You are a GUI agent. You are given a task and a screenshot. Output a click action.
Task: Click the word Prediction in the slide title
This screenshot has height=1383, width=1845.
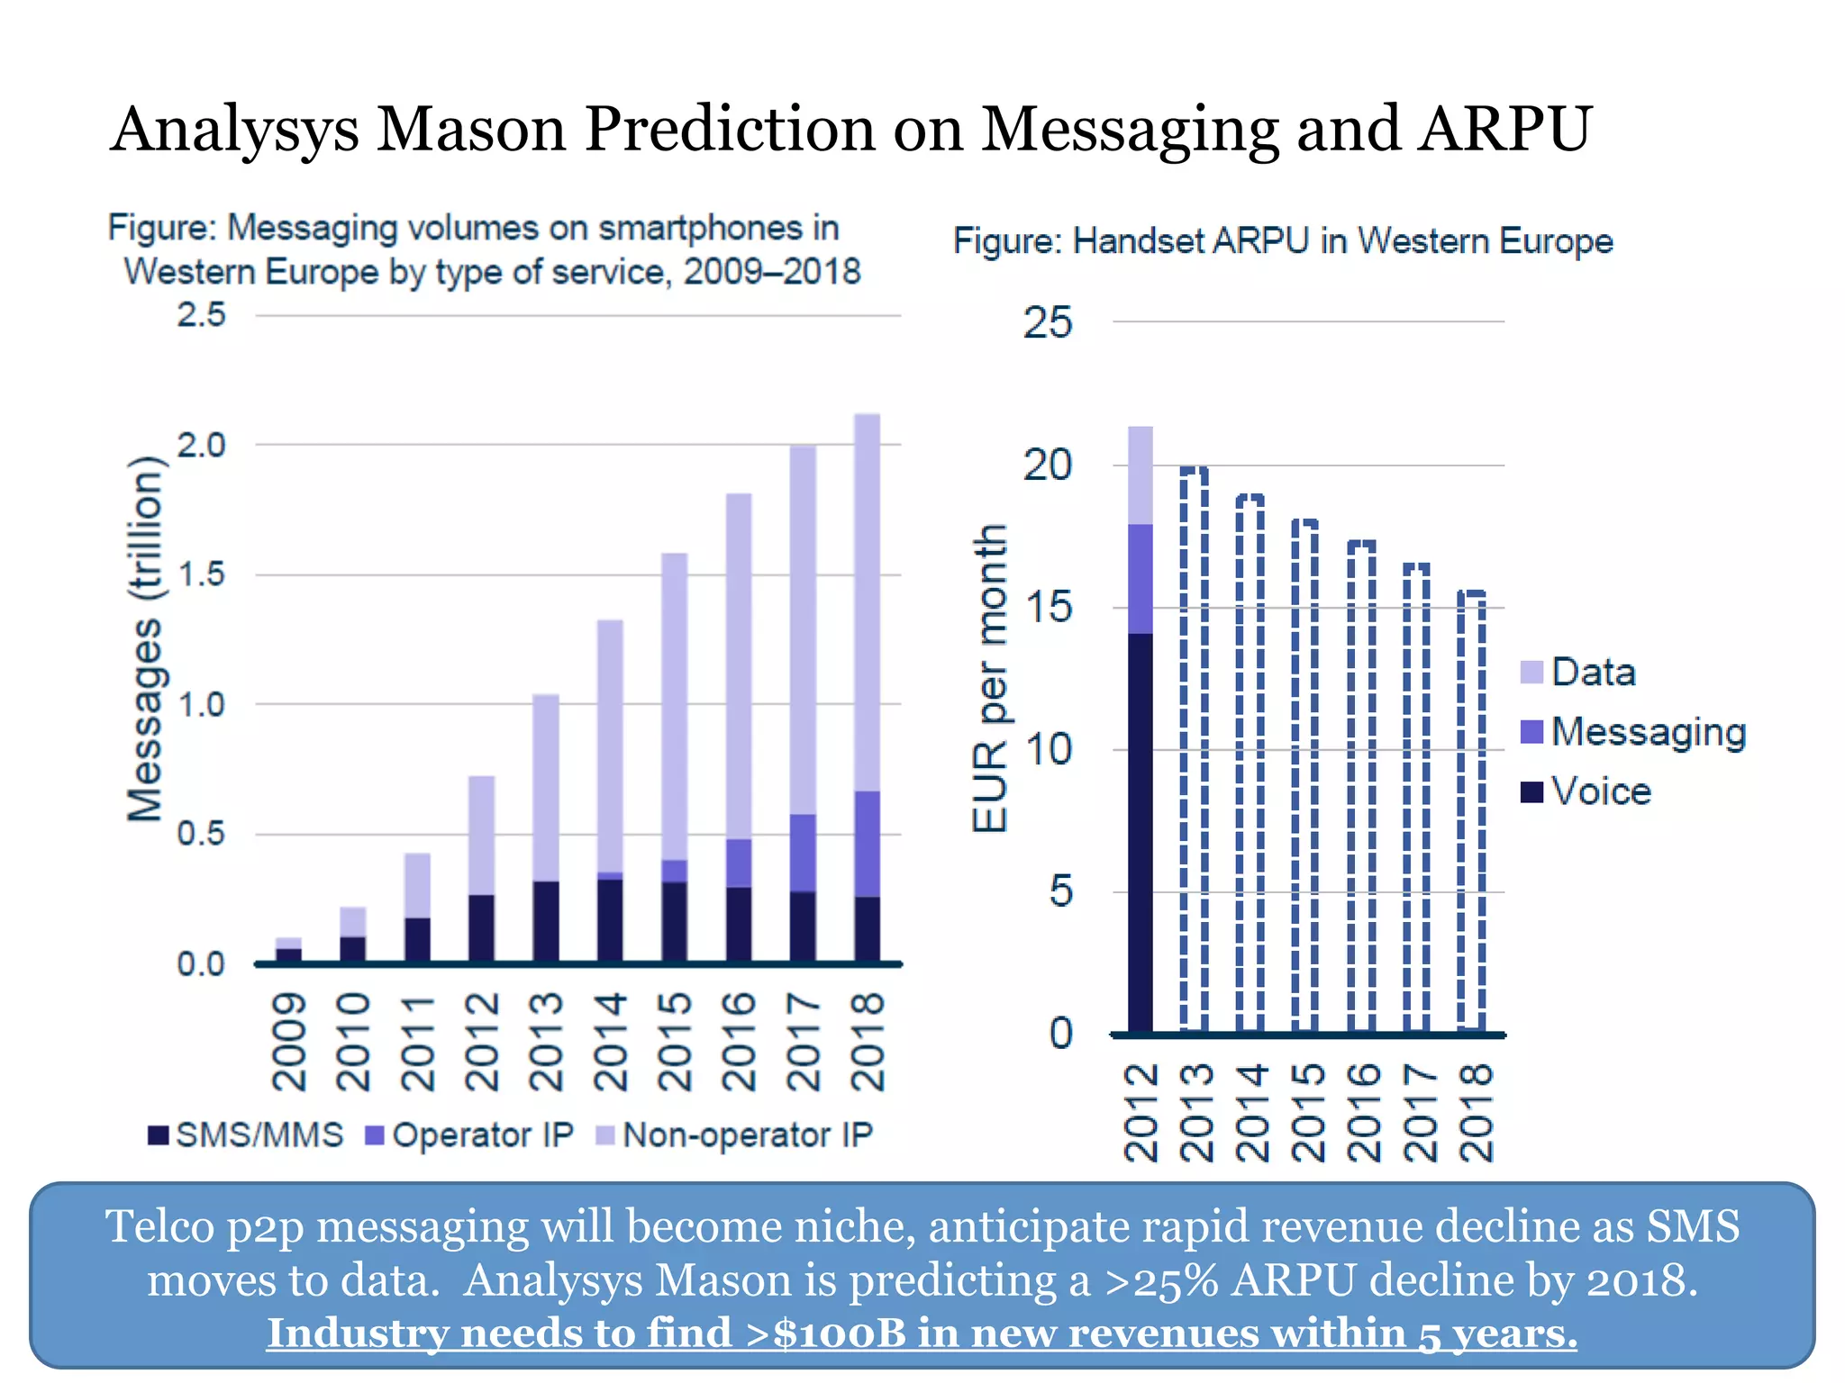pos(729,128)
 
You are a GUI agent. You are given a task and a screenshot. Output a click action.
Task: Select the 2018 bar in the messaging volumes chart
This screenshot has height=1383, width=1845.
pos(867,689)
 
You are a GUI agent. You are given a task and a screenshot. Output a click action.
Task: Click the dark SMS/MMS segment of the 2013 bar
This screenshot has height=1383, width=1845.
pos(545,922)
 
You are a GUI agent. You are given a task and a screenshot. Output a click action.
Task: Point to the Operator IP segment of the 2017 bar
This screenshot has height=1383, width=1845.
pos(803,853)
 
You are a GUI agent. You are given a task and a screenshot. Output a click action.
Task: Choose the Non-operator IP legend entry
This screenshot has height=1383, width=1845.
pos(735,1135)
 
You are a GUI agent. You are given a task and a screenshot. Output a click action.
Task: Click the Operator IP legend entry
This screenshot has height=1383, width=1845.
pos(469,1135)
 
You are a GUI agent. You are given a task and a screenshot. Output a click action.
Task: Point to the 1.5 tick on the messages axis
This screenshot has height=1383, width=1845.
pos(201,574)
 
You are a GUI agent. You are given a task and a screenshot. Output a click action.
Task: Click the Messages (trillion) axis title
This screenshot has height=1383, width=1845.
pos(145,639)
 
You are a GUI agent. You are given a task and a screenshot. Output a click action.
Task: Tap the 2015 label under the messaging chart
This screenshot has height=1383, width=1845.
pos(674,1042)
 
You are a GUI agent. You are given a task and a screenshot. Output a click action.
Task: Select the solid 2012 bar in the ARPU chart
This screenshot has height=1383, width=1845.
pos(1141,729)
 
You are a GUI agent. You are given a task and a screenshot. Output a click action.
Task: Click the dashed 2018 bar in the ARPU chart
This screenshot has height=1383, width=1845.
pos(1472,810)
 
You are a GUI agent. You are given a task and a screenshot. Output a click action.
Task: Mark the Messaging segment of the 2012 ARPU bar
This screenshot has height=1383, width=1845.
pos(1141,579)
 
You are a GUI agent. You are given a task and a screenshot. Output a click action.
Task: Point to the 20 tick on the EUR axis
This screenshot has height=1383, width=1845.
pos(1047,466)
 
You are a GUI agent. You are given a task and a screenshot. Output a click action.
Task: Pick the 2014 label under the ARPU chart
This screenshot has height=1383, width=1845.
pos(1252,1113)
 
